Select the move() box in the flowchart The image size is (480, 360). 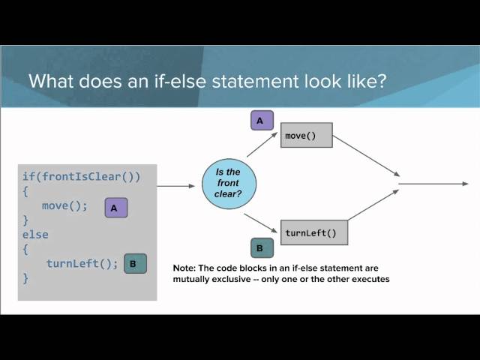pos(307,136)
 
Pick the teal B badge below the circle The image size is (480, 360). pos(259,247)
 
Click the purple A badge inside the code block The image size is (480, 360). pos(115,207)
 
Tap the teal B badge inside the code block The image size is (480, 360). pos(134,263)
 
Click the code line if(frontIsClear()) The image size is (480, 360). pos(81,177)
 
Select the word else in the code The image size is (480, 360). pos(35,235)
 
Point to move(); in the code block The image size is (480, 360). pos(65,205)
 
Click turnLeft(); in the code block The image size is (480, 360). pos(82,263)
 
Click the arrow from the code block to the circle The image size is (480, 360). pos(176,185)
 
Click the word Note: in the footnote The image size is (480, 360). pos(184,268)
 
